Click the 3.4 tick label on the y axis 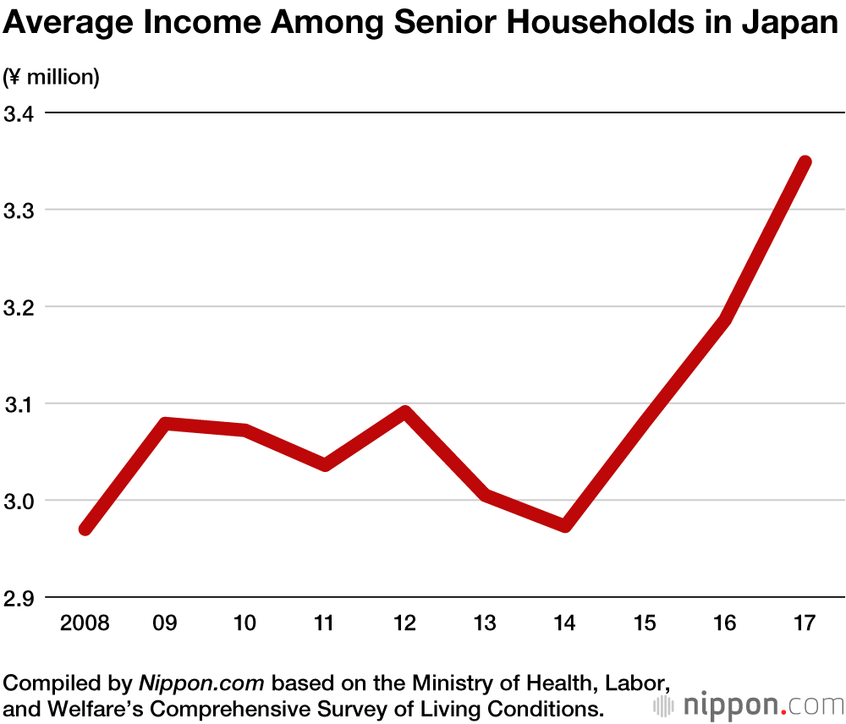coord(21,113)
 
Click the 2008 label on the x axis coord(85,624)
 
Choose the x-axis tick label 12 coord(405,624)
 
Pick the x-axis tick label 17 coord(805,624)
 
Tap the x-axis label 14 coord(564,624)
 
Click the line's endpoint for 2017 coord(805,162)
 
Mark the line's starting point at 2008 coord(85,529)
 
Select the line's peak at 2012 coord(405,413)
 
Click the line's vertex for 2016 coord(724,320)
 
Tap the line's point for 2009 coord(166,424)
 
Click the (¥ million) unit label coord(52,78)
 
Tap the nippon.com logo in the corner coord(749,705)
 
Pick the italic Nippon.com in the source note coord(201,683)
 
